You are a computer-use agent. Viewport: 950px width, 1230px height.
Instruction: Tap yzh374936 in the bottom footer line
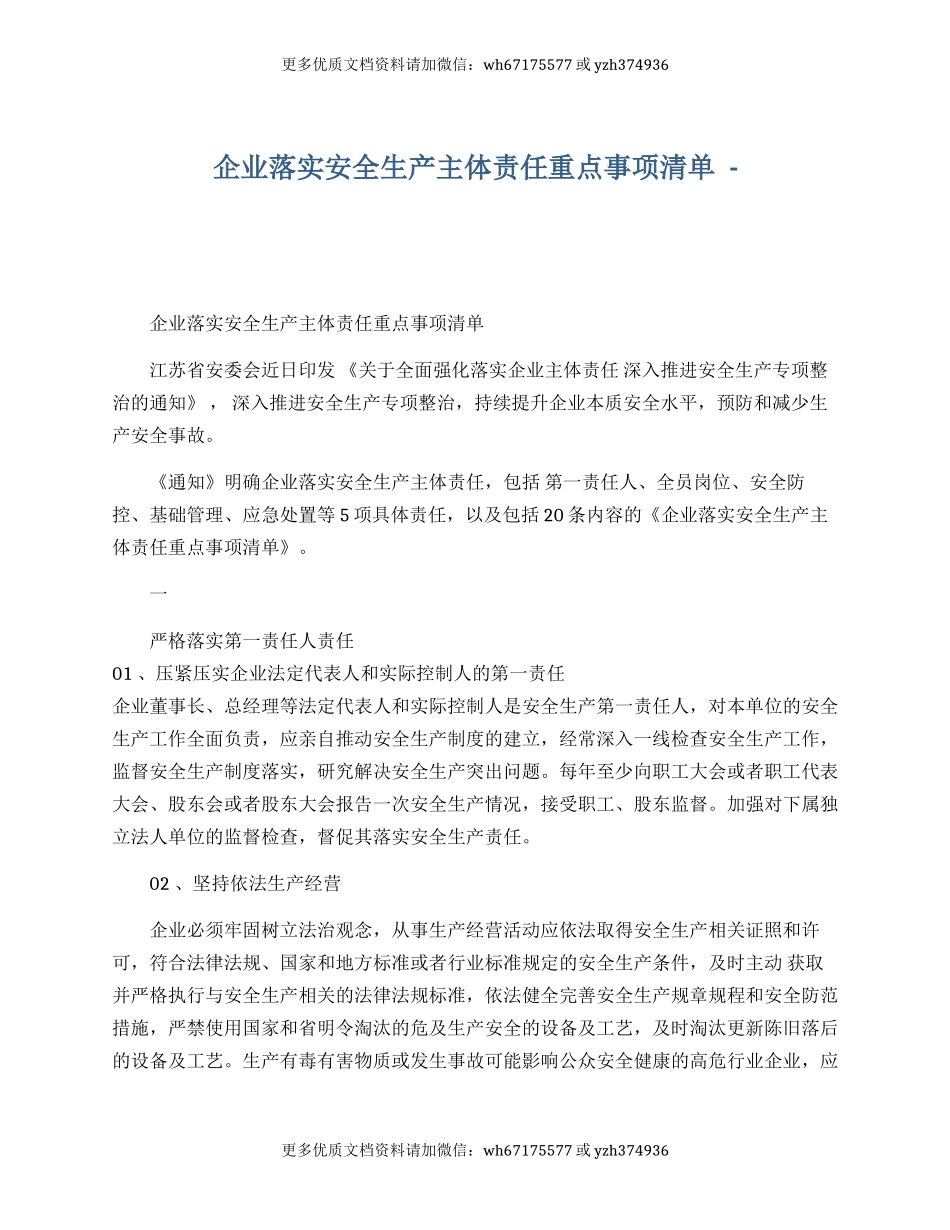(631, 1150)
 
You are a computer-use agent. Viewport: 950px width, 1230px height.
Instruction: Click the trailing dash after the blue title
(735, 168)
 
